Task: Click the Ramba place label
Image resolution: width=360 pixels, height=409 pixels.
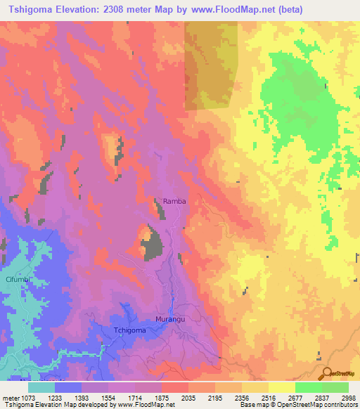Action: (174, 201)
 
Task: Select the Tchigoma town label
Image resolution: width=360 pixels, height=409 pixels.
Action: (130, 330)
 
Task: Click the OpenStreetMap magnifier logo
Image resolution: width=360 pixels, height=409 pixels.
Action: (326, 373)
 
